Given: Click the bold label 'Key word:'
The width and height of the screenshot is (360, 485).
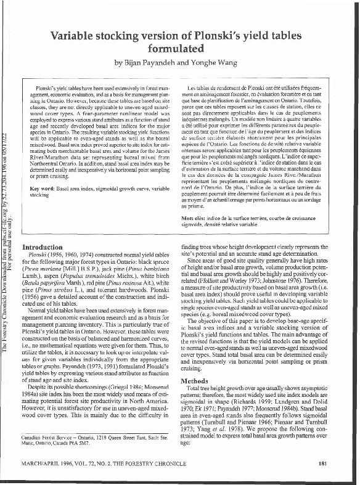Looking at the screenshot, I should click(43, 187).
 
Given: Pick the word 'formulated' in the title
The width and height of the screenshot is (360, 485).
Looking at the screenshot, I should click(179, 47).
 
